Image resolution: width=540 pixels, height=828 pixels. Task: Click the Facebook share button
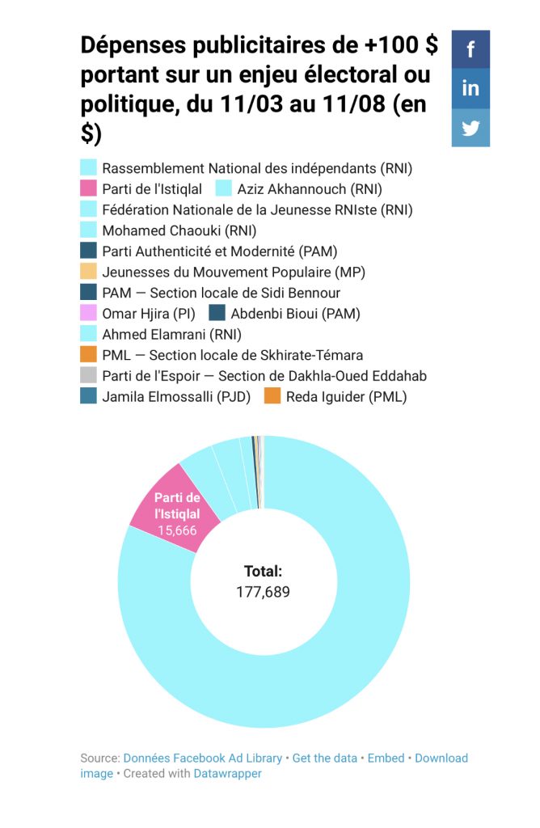click(x=470, y=49)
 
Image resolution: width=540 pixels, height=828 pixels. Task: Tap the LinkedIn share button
click(x=470, y=88)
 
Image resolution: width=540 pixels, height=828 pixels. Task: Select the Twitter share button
click(x=470, y=128)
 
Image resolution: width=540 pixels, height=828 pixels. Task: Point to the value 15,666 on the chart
click(x=176, y=530)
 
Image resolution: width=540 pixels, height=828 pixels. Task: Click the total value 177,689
click(x=263, y=592)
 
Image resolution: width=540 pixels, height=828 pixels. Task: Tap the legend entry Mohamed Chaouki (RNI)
click(x=167, y=230)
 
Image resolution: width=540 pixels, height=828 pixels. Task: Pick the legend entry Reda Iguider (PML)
click(x=346, y=396)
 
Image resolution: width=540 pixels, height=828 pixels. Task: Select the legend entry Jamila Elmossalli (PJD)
click(x=176, y=396)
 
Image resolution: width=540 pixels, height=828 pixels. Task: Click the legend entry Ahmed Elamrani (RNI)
click(x=171, y=334)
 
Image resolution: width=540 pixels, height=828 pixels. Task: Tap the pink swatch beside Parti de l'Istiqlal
click(x=89, y=189)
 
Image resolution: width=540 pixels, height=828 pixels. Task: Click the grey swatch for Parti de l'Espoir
click(x=89, y=375)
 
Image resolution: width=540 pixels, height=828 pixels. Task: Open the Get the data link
click(x=324, y=758)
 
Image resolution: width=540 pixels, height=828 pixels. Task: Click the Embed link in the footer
click(x=386, y=758)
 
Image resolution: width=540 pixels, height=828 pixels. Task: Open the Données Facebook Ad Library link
click(x=202, y=758)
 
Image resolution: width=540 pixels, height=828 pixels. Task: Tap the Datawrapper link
click(x=227, y=773)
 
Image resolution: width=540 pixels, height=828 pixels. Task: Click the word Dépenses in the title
click(x=133, y=45)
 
